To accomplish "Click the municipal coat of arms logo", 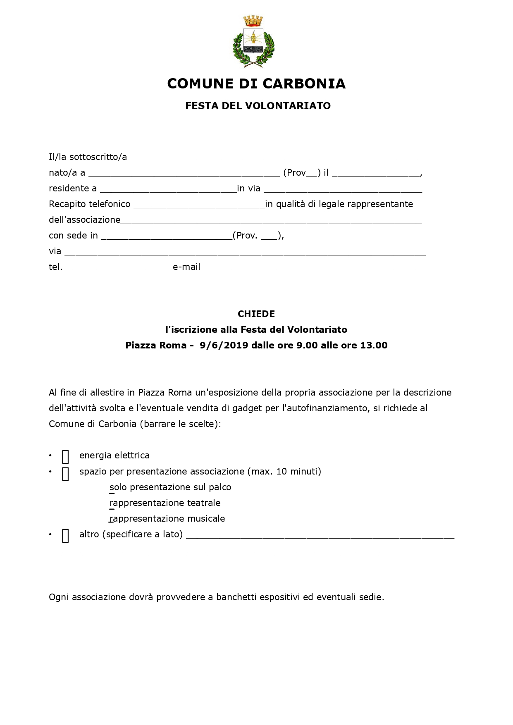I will click(x=253, y=41).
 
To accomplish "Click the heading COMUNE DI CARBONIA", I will click(x=256, y=83).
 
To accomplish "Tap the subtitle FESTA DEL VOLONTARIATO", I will click(x=258, y=106).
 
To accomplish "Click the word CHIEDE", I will click(x=256, y=314).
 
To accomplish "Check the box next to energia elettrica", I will click(x=65, y=457).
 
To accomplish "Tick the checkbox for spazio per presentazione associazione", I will click(x=65, y=473).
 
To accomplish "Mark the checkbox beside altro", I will click(x=65, y=535).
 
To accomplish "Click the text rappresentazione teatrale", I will click(x=165, y=503).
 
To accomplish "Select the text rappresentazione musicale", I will click(x=167, y=519).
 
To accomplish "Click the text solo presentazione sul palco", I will click(x=170, y=487).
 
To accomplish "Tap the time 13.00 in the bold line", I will click(x=374, y=346).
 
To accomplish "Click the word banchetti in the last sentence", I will click(x=236, y=597).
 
